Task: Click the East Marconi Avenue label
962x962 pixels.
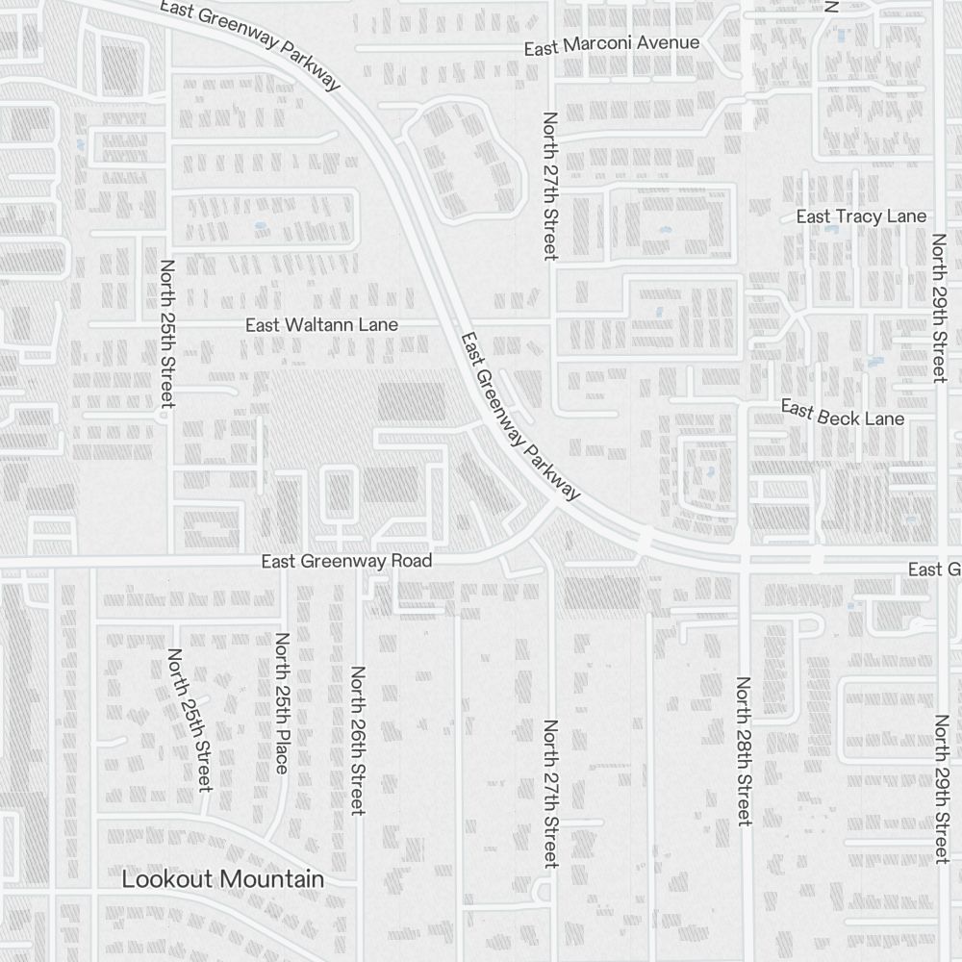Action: [612, 44]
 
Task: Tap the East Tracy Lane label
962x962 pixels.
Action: [861, 216]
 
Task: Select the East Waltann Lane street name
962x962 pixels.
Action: [321, 325]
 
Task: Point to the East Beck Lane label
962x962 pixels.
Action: [843, 413]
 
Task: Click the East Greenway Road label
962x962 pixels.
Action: [346, 560]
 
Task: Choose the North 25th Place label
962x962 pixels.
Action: [282, 702]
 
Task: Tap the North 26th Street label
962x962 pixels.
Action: [358, 741]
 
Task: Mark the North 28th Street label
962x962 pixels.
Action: [743, 750]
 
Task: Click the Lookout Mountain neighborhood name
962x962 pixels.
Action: [222, 879]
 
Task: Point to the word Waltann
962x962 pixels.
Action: [319, 325]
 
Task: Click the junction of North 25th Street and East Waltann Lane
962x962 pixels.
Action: [169, 325]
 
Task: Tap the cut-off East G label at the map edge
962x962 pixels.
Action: [934, 570]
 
